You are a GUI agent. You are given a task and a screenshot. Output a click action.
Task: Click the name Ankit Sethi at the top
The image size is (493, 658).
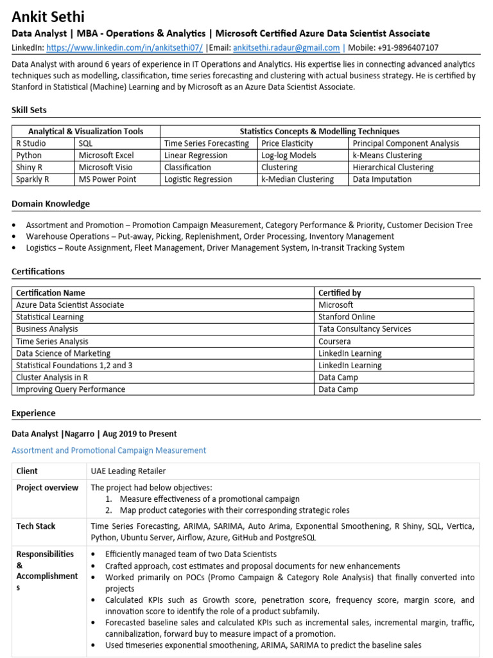point(48,16)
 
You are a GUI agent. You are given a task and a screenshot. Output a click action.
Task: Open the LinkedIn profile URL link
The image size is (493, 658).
point(125,48)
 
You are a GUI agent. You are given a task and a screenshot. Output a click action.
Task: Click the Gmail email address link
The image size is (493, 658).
point(286,48)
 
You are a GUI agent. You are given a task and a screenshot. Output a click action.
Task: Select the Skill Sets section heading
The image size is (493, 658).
point(29,110)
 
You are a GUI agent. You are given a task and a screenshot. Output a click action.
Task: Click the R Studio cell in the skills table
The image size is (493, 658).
point(31,143)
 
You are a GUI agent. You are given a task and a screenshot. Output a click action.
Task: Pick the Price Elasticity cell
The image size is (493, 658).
point(287,143)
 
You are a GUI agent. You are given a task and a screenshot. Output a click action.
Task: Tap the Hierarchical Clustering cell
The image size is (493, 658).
point(393,167)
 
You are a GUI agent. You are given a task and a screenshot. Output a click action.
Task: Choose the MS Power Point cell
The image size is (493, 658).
point(107,179)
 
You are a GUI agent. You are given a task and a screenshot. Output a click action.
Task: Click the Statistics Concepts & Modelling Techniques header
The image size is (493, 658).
point(319,131)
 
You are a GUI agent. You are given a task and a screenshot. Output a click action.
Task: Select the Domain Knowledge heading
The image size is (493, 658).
point(51,204)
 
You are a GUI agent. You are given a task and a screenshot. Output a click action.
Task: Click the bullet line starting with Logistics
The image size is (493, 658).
point(215,247)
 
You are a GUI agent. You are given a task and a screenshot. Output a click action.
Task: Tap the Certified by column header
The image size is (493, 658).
point(340,293)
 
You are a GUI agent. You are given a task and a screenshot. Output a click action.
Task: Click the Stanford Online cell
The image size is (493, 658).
point(347,317)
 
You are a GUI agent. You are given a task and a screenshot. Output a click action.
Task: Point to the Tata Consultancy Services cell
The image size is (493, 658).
point(365,329)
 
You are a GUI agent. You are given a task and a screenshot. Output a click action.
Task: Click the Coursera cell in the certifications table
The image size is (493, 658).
point(334,341)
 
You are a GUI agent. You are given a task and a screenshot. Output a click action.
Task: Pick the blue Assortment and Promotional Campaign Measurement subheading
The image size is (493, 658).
point(109,450)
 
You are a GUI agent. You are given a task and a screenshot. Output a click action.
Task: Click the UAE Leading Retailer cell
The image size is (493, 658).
point(128,471)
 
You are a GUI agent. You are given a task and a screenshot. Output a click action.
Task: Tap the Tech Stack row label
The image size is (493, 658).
point(36,526)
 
